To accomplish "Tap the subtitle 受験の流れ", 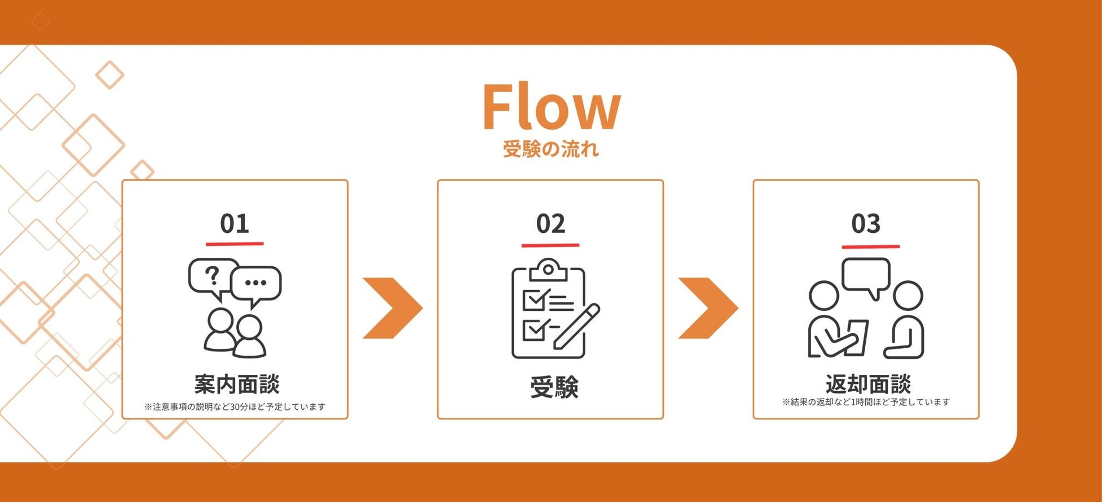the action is (x=551, y=149).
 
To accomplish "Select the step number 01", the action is (x=235, y=224).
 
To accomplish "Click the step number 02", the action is (x=550, y=224).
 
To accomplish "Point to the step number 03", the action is (x=866, y=224).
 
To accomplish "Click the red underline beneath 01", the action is (x=235, y=244).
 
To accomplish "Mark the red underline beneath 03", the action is (x=870, y=246).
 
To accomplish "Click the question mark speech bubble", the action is (x=212, y=276).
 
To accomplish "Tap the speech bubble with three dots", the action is (x=256, y=283).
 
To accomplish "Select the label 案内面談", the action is (x=237, y=384).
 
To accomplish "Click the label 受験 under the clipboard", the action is (x=554, y=388).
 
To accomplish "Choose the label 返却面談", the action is (x=868, y=384).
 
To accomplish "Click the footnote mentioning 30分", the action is (x=235, y=406).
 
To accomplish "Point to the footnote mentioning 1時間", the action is (x=866, y=402).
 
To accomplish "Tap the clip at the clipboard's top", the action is (x=548, y=270).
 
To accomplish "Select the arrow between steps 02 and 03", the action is (x=708, y=308).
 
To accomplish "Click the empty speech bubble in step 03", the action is (x=866, y=275).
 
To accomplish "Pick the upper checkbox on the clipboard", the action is (x=533, y=300).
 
